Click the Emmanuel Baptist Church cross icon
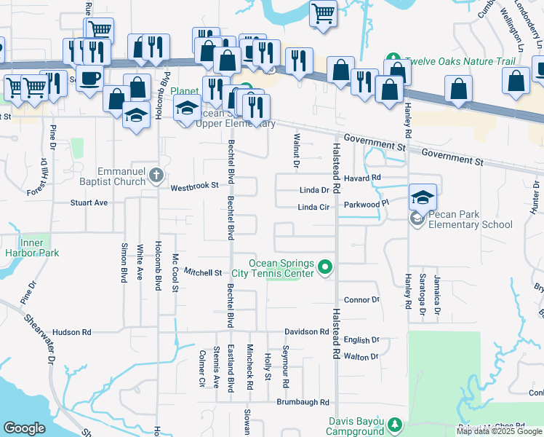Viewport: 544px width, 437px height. [x=155, y=175]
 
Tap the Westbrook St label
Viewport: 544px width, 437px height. [x=194, y=187]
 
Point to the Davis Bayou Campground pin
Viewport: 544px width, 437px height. [x=395, y=424]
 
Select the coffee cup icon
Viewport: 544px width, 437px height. [x=89, y=77]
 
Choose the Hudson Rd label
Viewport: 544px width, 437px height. [x=71, y=331]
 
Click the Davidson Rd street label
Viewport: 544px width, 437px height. [x=306, y=331]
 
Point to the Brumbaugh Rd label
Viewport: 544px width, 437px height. [x=303, y=402]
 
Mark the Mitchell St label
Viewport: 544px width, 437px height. [x=202, y=272]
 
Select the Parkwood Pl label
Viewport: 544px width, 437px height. [x=362, y=205]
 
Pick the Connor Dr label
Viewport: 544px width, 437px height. [x=361, y=299]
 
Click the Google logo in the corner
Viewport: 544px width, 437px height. [x=24, y=428]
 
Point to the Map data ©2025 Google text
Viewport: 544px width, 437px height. [x=498, y=431]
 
